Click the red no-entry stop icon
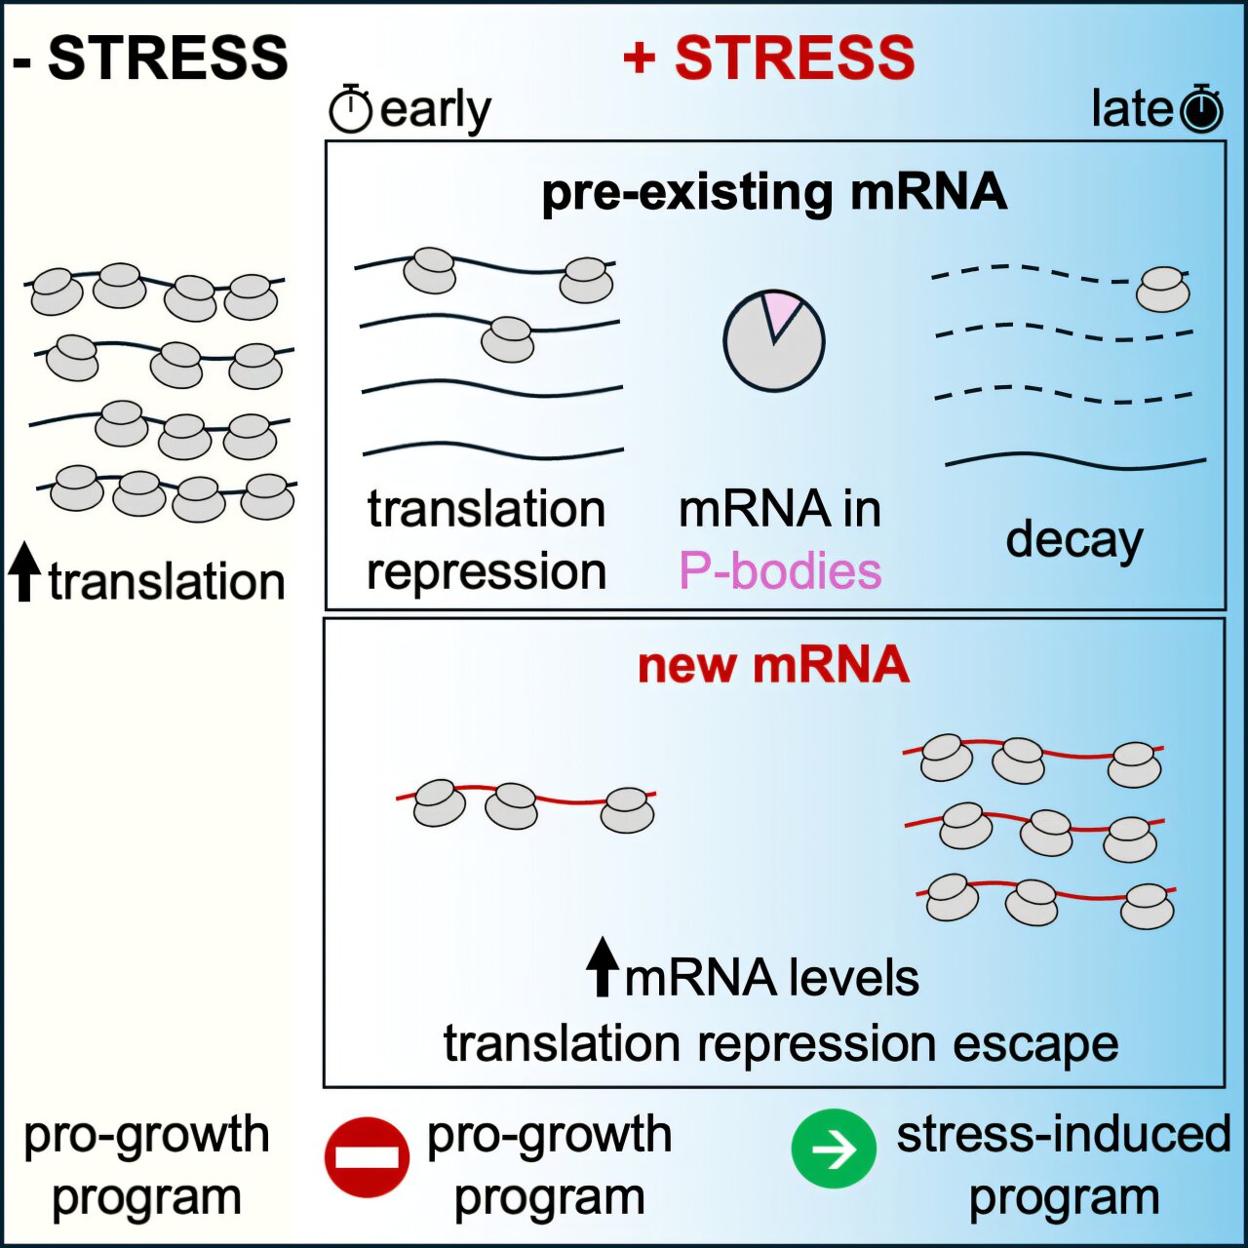point(367,1156)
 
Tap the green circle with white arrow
point(834,1150)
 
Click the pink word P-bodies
point(780,571)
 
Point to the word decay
point(1073,540)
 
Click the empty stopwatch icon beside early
point(350,109)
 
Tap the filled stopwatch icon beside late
point(1201,109)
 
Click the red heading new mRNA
point(773,665)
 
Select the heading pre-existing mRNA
point(774,192)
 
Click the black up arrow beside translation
point(25,572)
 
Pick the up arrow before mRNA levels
point(603,966)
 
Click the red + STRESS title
point(769,58)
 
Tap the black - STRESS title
point(150,58)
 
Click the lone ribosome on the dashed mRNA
point(1163,290)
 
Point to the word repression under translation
point(487,571)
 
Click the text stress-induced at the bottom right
point(1064,1135)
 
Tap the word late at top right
point(1131,109)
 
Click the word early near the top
point(435,110)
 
